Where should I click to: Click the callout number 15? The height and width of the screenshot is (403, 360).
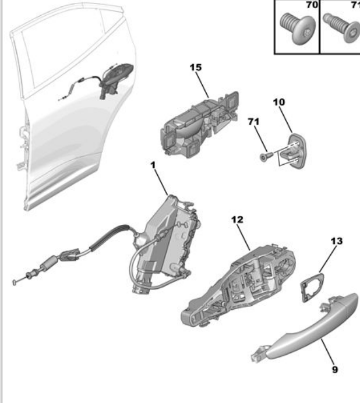pyautogui.click(x=196, y=68)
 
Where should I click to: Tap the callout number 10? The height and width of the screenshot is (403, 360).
pyautogui.click(x=279, y=101)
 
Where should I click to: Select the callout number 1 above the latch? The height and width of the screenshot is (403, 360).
pyautogui.click(x=153, y=165)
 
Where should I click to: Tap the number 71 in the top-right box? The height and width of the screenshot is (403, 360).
pyautogui.click(x=355, y=5)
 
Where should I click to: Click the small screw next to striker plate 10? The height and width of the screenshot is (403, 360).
pyautogui.click(x=266, y=156)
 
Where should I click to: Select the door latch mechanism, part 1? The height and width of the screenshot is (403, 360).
pyautogui.click(x=169, y=239)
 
